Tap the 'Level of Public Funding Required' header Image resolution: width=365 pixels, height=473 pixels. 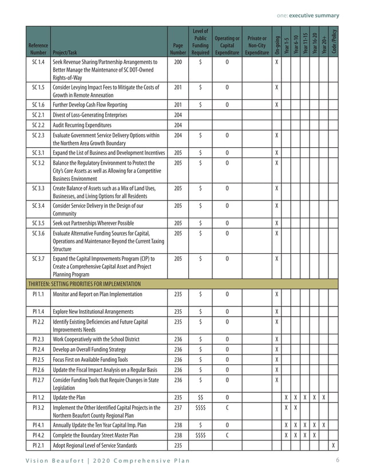(200, 41)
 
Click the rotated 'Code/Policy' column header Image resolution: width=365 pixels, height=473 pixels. (334, 41)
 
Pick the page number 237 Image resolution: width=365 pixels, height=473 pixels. (178, 407)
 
